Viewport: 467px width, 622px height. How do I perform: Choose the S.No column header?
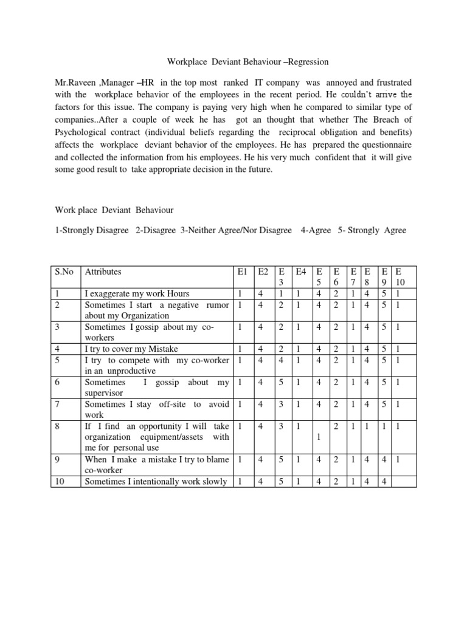point(63,272)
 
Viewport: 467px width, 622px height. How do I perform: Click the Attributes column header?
point(103,272)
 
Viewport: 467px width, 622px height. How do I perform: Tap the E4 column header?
point(300,272)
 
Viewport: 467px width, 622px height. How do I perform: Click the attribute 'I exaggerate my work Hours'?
point(137,293)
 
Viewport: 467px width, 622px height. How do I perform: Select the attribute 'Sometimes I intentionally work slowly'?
point(156,482)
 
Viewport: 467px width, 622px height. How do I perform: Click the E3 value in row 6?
point(280,382)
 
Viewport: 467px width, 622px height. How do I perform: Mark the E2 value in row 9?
point(261,459)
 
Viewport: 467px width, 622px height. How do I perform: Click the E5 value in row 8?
point(319,436)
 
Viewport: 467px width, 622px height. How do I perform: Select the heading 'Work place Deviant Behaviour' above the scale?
point(113,210)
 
